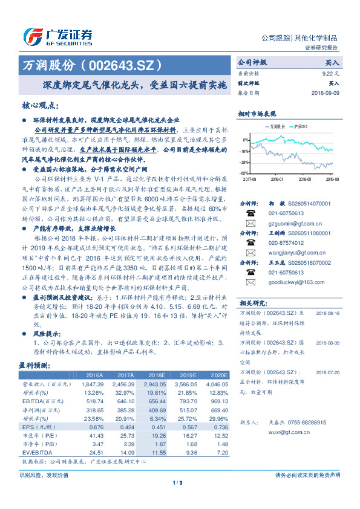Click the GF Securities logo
click(x=58, y=37)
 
